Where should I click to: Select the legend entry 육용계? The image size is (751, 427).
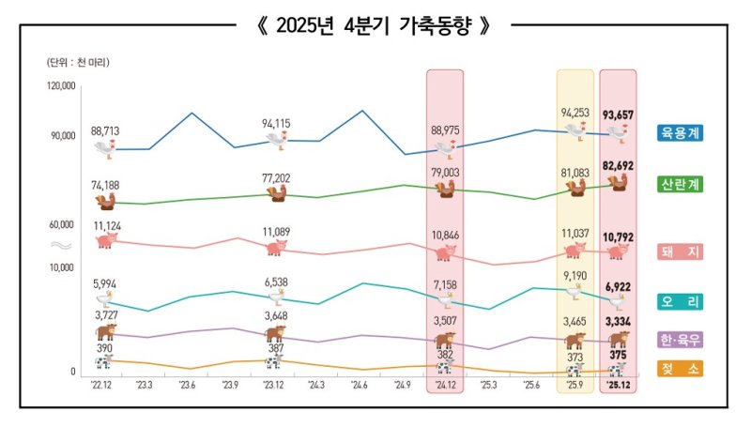point(681,132)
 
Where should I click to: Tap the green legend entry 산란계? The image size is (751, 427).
point(681,184)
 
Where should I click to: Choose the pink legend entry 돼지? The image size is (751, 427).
point(681,252)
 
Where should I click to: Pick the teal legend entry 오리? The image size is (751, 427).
point(681,301)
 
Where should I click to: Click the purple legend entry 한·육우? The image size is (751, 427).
point(681,340)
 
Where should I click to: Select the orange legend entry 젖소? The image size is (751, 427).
point(681,370)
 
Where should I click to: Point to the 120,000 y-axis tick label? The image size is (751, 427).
point(60,86)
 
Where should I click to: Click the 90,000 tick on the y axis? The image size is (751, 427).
point(62,136)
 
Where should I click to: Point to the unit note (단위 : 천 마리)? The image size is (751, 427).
point(77,62)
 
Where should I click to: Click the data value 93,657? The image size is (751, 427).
point(619,115)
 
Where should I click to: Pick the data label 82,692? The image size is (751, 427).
point(619,165)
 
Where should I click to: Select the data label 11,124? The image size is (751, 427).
point(106,226)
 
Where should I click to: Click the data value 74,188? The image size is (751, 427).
point(105,185)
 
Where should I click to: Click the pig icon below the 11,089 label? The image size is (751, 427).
point(276,249)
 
